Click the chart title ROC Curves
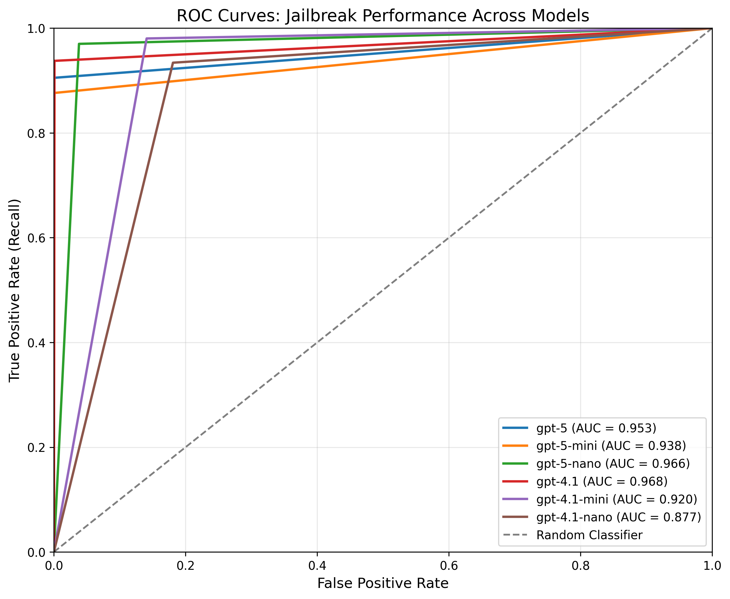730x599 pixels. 383,16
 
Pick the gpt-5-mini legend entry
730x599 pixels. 611,446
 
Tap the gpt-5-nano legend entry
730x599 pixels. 613,464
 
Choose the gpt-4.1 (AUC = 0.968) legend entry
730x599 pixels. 601,481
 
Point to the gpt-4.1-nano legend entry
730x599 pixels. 618,517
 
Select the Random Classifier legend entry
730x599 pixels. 589,535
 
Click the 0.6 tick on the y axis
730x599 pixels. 36,238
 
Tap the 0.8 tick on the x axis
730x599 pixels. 580,566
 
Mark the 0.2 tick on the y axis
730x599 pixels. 36,448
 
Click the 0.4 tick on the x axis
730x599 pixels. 317,566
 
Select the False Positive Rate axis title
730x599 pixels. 383,583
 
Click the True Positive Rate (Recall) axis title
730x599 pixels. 14,291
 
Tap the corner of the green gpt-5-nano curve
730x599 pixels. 79,44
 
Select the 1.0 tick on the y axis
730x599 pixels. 36,29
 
